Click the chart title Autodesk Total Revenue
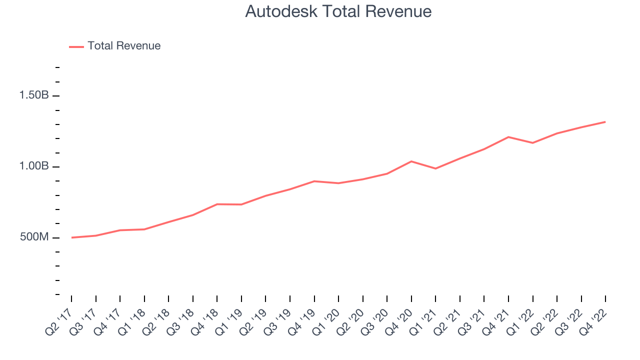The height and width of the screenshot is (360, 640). [x=338, y=11]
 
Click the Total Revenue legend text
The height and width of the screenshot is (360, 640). [x=124, y=46]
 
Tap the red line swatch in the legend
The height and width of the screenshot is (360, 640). [x=76, y=46]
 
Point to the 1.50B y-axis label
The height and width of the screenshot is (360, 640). [x=34, y=95]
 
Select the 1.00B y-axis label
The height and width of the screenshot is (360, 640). [x=34, y=166]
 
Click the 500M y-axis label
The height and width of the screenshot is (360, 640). [x=34, y=237]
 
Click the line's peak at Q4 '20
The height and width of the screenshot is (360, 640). [x=411, y=161]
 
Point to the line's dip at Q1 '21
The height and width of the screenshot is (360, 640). [x=435, y=168]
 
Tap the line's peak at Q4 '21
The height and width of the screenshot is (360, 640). [x=508, y=137]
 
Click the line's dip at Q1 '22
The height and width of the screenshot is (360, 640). [x=532, y=143]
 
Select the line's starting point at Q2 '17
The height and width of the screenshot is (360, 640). [x=71, y=237]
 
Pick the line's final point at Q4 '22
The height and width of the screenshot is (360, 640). [x=605, y=122]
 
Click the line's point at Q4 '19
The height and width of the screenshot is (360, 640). [x=314, y=181]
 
